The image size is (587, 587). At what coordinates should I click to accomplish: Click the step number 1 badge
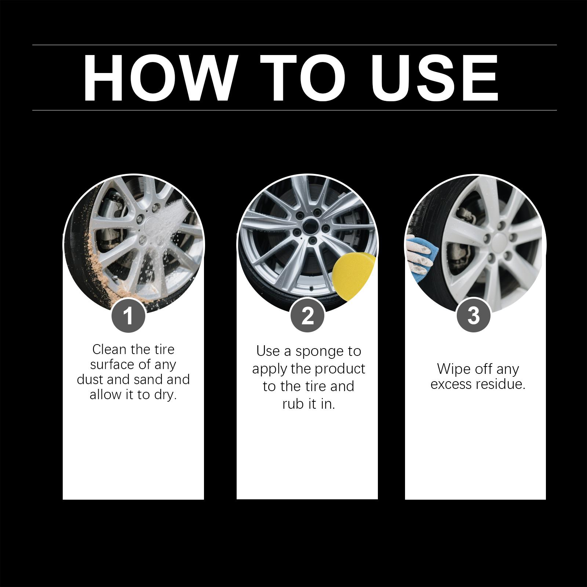(128, 316)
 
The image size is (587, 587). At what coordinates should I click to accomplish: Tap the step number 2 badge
(307, 316)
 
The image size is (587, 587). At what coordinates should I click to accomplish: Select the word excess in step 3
(452, 384)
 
